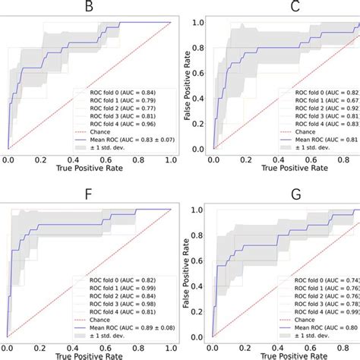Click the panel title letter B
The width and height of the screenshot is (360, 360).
(89, 8)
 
